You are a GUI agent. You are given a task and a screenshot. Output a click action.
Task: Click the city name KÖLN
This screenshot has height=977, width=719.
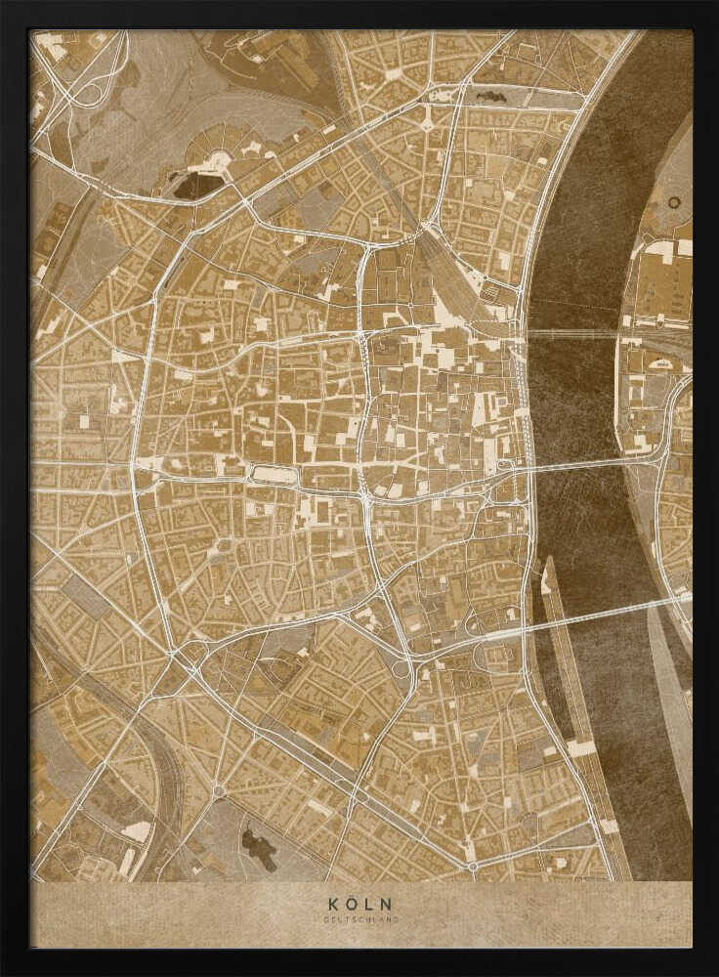[360, 905]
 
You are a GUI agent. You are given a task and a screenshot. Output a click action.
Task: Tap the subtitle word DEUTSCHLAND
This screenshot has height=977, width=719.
[360, 919]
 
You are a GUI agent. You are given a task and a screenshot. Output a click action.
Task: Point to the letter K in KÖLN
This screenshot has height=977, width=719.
[335, 905]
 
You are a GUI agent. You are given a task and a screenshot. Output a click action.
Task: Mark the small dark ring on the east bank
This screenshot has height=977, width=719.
[674, 202]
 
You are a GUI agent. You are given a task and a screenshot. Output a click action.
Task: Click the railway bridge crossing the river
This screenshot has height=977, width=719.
[571, 334]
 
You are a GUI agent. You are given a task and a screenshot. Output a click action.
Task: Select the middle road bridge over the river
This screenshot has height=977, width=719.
[586, 462]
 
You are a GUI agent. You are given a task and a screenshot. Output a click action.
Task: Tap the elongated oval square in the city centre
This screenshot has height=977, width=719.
[274, 475]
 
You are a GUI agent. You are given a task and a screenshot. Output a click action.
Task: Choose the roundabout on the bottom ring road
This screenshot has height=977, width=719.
[472, 866]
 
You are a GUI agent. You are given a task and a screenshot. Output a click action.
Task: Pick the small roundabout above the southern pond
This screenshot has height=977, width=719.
[219, 790]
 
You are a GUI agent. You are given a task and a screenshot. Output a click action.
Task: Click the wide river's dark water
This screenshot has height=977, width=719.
[576, 244]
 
